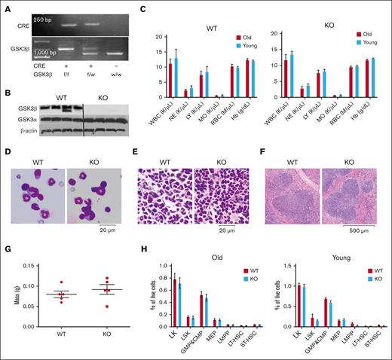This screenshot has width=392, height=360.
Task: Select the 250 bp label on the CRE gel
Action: tap(43, 15)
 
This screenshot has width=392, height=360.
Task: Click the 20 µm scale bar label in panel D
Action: tap(107, 230)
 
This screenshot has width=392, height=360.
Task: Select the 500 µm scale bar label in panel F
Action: tap(360, 230)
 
